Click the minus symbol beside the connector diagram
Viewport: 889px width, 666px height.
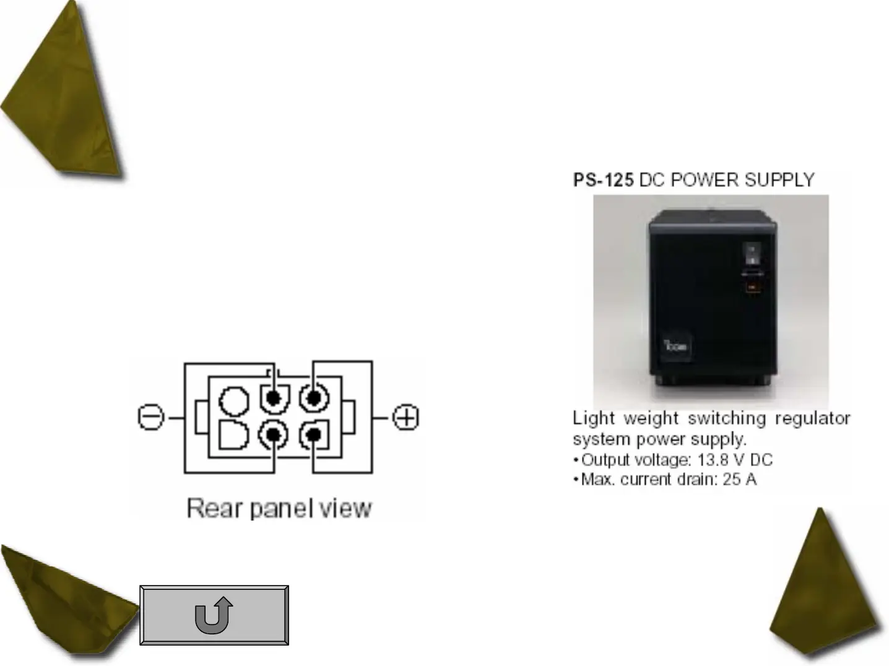pyautogui.click(x=150, y=418)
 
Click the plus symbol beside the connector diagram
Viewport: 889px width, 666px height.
pyautogui.click(x=406, y=418)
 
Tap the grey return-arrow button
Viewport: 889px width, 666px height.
pyautogui.click(x=214, y=615)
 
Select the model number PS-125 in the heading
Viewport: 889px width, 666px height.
pyautogui.click(x=603, y=180)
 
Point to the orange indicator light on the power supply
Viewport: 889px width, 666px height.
pyautogui.click(x=752, y=287)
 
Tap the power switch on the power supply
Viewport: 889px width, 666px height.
pyautogui.click(x=751, y=253)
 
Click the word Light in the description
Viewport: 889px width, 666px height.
pyautogui.click(x=594, y=418)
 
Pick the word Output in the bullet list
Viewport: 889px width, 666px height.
pyautogui.click(x=607, y=460)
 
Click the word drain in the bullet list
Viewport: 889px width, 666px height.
pyautogui.click(x=693, y=480)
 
